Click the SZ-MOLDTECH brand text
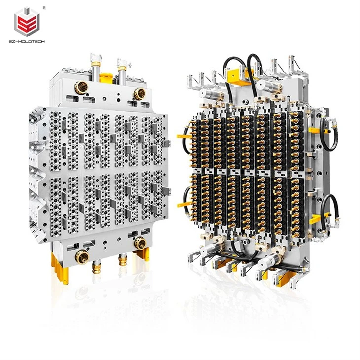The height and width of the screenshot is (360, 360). click(27, 42)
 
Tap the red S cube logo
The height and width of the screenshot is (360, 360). click(27, 22)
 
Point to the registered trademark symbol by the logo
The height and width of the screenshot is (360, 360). click(44, 7)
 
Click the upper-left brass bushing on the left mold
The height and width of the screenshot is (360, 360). click(81, 87)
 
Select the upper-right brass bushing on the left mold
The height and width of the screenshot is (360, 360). click(140, 94)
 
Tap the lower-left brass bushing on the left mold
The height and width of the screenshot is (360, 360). click(82, 257)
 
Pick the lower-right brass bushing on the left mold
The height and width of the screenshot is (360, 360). click(140, 243)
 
